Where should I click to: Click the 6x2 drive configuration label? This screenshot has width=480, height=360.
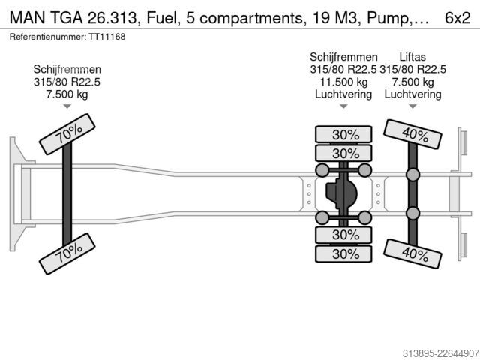pyautogui.click(x=457, y=18)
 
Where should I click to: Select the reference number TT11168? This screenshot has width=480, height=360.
pyautogui.click(x=107, y=37)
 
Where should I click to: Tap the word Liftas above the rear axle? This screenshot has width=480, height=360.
pyautogui.click(x=412, y=57)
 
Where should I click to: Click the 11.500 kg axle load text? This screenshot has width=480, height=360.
pyautogui.click(x=343, y=82)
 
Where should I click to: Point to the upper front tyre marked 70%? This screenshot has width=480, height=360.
pyautogui.click(x=67, y=134)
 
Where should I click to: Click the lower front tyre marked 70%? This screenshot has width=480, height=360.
pyautogui.click(x=67, y=253)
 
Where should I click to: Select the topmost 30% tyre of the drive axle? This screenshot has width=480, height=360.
pyautogui.click(x=343, y=134)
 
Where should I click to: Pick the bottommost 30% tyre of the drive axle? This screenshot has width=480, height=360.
pyautogui.click(x=343, y=253)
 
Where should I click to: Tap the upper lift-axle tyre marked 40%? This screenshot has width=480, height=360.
pyautogui.click(x=412, y=134)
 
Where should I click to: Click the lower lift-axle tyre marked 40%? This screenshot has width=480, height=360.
pyautogui.click(x=412, y=253)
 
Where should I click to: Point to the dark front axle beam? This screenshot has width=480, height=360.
pyautogui.click(x=67, y=194)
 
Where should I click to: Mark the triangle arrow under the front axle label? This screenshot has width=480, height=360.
pyautogui.click(x=67, y=106)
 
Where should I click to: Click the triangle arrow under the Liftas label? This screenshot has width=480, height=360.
pyautogui.click(x=412, y=106)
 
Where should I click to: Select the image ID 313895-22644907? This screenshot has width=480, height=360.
pyautogui.click(x=440, y=353)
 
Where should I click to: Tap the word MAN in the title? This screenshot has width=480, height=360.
pyautogui.click(x=28, y=18)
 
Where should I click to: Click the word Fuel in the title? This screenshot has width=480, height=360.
pyautogui.click(x=162, y=18)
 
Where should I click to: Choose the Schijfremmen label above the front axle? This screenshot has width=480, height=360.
pyautogui.click(x=67, y=69)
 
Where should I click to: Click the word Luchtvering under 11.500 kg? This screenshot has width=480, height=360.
pyautogui.click(x=343, y=94)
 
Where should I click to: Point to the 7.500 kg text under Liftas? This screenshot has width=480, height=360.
pyautogui.click(x=413, y=82)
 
